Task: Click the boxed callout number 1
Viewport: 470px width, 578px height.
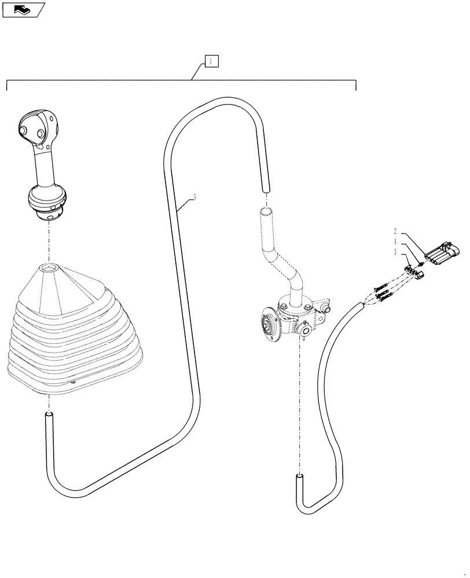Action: [212, 61]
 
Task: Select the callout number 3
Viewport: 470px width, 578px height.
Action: [395, 252]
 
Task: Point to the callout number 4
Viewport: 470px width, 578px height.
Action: [395, 242]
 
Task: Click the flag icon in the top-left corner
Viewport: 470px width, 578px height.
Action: [24, 9]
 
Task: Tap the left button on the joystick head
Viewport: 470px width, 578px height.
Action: [24, 131]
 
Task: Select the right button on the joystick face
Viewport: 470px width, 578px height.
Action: [39, 134]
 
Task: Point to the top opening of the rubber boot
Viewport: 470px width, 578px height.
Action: [49, 268]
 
